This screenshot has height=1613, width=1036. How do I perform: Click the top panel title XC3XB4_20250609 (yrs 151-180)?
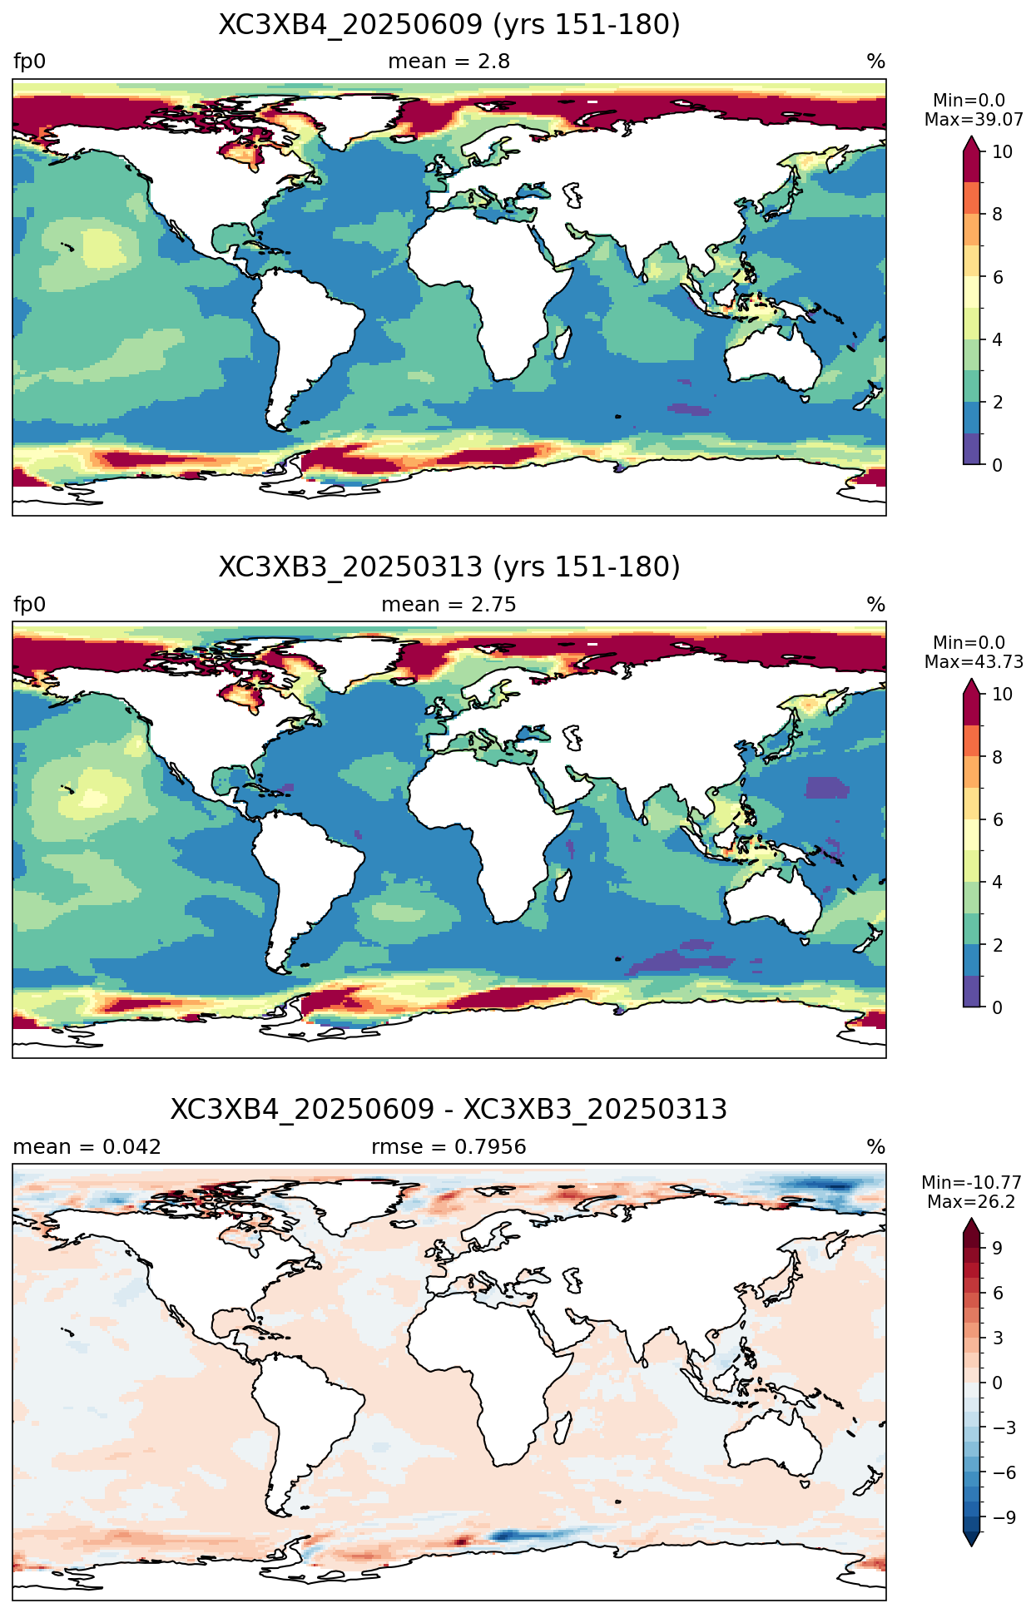click(449, 25)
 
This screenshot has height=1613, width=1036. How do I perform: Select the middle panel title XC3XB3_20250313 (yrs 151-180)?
click(449, 567)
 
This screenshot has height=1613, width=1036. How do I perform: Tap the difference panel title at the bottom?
click(449, 1110)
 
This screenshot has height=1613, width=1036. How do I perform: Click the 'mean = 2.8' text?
click(449, 62)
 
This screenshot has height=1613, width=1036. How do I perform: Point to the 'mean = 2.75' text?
click(449, 605)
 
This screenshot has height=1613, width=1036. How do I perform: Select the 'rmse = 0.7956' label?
click(449, 1147)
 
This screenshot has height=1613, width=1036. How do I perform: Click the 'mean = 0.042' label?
click(87, 1147)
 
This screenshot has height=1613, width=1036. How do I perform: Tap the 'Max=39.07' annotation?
click(974, 120)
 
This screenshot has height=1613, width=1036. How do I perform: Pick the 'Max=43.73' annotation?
click(974, 662)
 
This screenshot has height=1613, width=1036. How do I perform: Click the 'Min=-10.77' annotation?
click(971, 1183)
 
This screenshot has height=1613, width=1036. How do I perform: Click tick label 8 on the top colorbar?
click(997, 215)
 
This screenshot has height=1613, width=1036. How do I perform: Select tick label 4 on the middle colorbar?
click(997, 883)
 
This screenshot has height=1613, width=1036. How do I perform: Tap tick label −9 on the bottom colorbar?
click(1004, 1517)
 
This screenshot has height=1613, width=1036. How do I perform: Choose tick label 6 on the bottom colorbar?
click(998, 1293)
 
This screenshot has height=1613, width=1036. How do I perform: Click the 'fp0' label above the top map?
click(29, 62)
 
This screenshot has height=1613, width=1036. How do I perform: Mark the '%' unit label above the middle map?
click(876, 605)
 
